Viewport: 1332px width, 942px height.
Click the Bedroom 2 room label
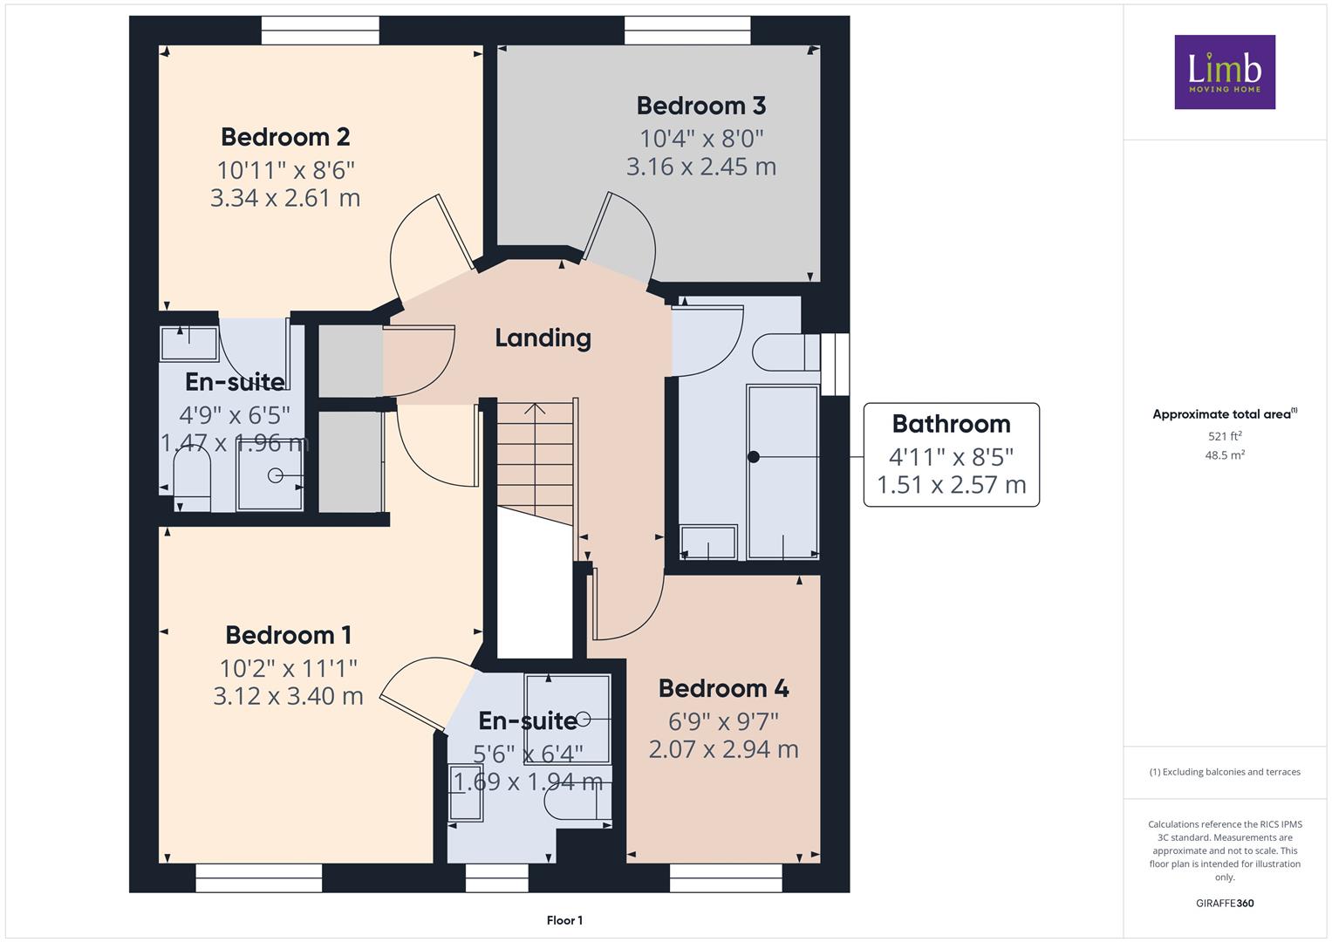tap(285, 138)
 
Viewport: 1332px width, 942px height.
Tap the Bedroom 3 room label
tap(701, 106)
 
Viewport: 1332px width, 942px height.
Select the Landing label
tap(543, 338)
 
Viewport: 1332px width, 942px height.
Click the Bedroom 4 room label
tap(724, 689)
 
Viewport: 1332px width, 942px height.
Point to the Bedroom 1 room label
tap(289, 635)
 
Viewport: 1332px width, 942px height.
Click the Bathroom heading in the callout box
tap(952, 424)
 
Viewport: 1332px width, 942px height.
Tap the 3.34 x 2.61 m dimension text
tap(285, 198)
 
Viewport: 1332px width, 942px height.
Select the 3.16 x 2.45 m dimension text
tap(701, 167)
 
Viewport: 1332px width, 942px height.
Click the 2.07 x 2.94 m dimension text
tap(724, 749)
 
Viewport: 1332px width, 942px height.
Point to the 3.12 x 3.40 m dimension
tap(289, 696)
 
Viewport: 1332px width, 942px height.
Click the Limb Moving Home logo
tap(1225, 72)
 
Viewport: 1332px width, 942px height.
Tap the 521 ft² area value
tap(1225, 436)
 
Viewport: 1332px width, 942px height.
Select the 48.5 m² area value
tap(1225, 455)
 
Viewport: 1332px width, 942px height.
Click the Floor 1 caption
tap(565, 920)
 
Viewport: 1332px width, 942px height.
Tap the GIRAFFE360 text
tap(1225, 903)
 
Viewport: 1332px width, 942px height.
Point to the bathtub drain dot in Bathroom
tap(754, 457)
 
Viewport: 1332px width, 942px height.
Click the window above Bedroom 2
tap(320, 31)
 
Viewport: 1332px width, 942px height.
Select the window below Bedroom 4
tap(726, 877)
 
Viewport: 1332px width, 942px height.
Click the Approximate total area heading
tap(1225, 414)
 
